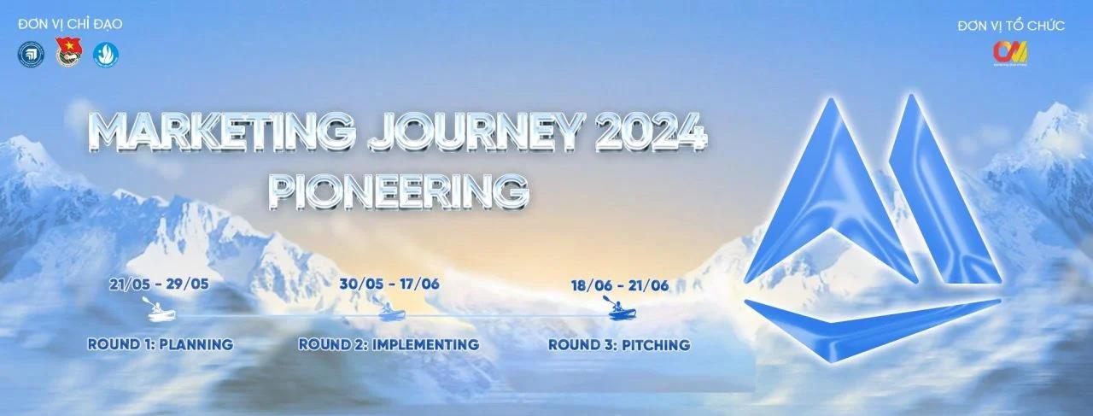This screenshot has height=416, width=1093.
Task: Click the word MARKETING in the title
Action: [x=221, y=132]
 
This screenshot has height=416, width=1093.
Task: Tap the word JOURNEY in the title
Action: [x=476, y=132]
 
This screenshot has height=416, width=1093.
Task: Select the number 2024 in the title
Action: [x=651, y=132]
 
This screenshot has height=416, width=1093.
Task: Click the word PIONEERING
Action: [x=399, y=190]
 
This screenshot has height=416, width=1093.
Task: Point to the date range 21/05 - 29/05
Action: [x=159, y=284]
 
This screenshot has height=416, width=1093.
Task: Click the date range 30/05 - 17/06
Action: [x=389, y=284]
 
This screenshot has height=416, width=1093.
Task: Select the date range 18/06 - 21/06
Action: [x=620, y=285]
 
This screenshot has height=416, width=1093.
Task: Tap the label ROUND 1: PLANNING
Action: [x=161, y=344]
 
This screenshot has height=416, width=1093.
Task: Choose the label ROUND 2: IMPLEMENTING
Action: [x=389, y=344]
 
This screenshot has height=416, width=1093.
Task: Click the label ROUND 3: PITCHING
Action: [x=619, y=345]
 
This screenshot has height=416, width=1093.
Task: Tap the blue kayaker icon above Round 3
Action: [x=620, y=308]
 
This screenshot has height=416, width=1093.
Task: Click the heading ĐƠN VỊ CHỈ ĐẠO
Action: [x=70, y=24]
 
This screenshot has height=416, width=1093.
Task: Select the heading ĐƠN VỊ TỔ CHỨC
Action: [x=1011, y=26]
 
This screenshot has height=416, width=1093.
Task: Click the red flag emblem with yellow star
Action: [x=69, y=52]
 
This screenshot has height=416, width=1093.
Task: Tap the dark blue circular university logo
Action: [x=32, y=54]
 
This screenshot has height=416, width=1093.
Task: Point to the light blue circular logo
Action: [x=106, y=54]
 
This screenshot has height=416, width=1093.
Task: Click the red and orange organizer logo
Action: [x=1010, y=53]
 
